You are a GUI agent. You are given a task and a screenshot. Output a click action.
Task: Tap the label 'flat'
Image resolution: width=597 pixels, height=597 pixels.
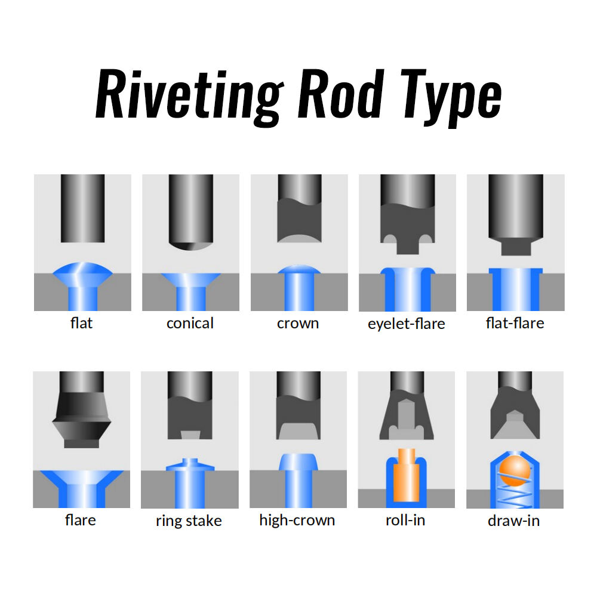click(81, 324)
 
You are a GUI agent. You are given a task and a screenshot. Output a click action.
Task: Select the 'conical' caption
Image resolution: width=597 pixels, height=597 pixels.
click(190, 324)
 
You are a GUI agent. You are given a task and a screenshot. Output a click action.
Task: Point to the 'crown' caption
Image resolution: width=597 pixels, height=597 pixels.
click(298, 324)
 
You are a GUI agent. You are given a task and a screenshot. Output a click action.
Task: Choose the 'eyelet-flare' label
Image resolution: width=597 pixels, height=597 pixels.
click(407, 324)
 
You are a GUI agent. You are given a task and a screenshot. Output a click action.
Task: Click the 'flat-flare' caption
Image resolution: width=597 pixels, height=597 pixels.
click(515, 324)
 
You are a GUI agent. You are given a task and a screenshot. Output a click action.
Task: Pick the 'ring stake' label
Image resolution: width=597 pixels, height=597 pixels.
click(189, 521)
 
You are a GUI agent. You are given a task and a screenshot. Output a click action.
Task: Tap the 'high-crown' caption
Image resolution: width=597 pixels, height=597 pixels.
click(297, 520)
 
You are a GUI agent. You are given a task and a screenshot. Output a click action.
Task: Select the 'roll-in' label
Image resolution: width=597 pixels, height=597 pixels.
click(405, 520)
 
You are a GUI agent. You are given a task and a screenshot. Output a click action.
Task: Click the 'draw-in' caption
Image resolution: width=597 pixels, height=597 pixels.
click(513, 521)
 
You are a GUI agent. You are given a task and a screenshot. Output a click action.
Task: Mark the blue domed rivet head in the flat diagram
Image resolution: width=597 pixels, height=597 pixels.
click(82, 272)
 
